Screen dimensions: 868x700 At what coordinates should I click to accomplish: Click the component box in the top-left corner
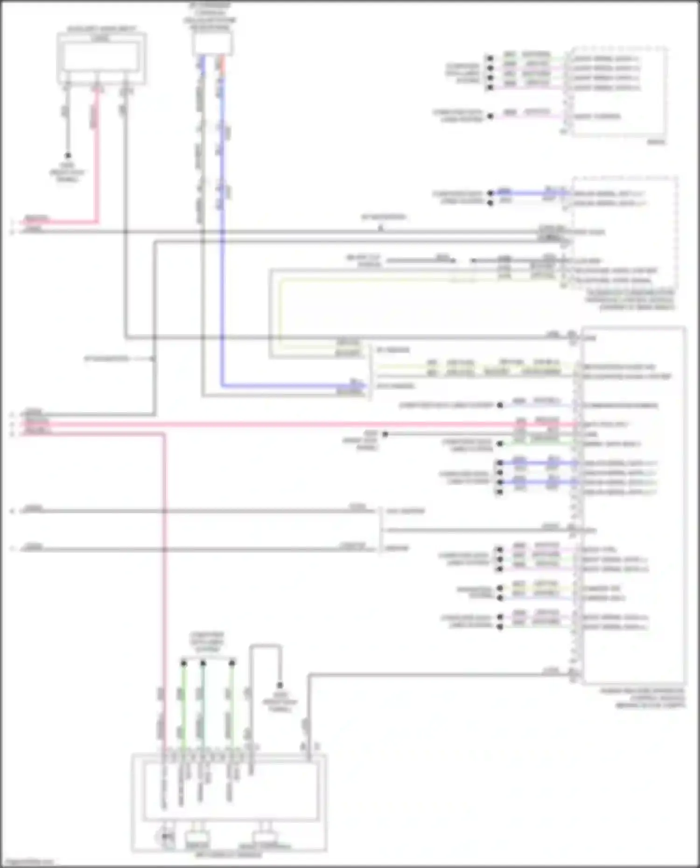pyautogui.click(x=101, y=58)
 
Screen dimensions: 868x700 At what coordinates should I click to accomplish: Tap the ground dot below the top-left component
pyautogui.click(x=68, y=156)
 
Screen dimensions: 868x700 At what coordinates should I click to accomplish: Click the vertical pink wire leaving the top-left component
pyautogui.click(x=98, y=154)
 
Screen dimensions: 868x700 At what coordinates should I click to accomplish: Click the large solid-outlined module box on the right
pyautogui.click(x=633, y=504)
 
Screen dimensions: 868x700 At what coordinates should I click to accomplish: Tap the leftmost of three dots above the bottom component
pyautogui.click(x=184, y=663)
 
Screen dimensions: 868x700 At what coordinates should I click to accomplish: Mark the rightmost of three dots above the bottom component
pyautogui.click(x=232, y=663)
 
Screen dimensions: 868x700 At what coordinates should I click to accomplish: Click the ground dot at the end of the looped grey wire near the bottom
pyautogui.click(x=280, y=685)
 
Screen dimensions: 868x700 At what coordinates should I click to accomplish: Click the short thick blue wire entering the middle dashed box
pyautogui.click(x=527, y=193)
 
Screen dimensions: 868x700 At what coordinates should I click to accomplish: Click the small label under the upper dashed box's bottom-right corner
pyautogui.click(x=656, y=142)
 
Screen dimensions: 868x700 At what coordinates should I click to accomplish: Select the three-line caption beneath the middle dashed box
pyautogui.click(x=630, y=300)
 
